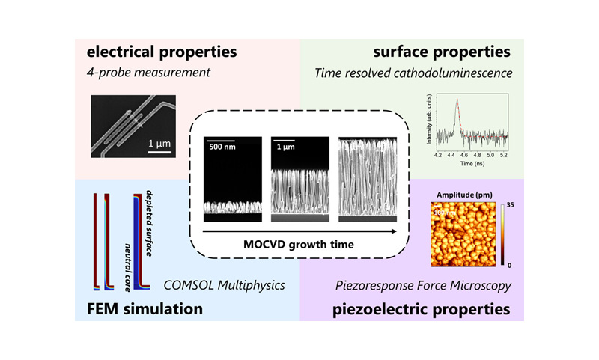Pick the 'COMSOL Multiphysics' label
pyautogui.click(x=222, y=284)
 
